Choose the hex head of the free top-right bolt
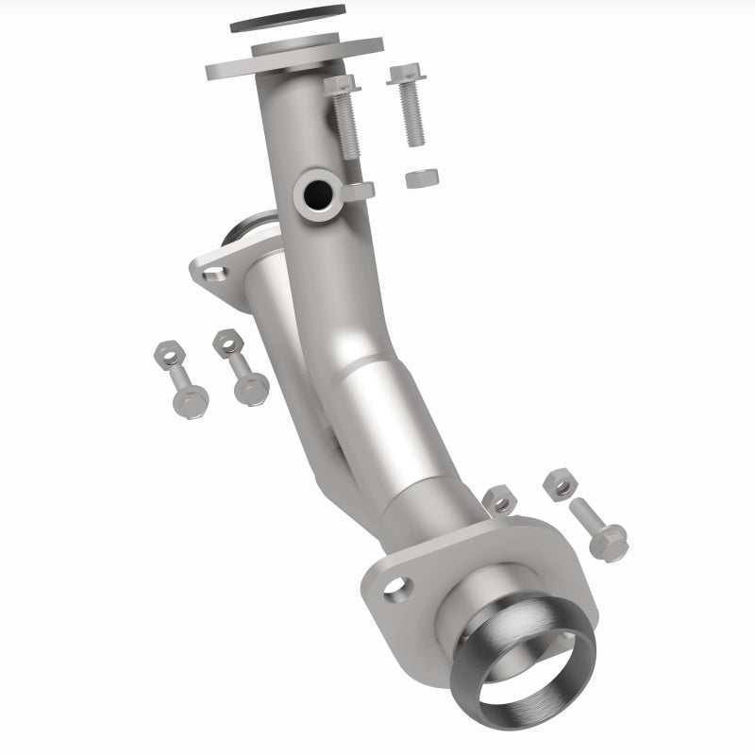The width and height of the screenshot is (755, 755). [403, 75]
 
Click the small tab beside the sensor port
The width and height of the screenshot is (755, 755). [359, 192]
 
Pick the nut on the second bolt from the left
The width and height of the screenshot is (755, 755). [227, 344]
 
